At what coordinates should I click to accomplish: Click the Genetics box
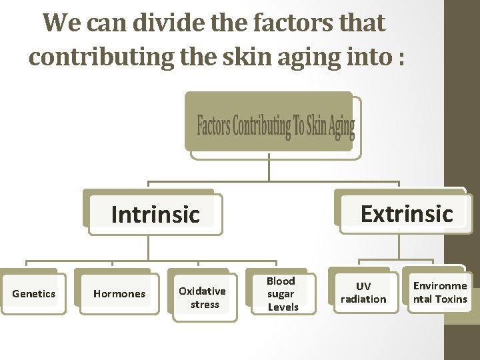pyautogui.click(x=34, y=293)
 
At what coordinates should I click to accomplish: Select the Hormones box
pyautogui.click(x=119, y=293)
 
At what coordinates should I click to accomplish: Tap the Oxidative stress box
pyautogui.click(x=203, y=297)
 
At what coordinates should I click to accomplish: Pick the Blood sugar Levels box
pyautogui.click(x=282, y=293)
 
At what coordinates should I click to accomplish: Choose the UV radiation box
pyautogui.click(x=363, y=292)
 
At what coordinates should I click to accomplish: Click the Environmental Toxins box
pyautogui.click(x=440, y=292)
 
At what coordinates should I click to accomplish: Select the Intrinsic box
pyautogui.click(x=155, y=215)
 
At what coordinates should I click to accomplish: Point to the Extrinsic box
pyautogui.click(x=406, y=213)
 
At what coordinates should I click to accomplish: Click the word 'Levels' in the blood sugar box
pyautogui.click(x=283, y=307)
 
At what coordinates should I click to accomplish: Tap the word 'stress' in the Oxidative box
pyautogui.click(x=205, y=304)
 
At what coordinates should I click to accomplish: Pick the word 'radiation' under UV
pyautogui.click(x=363, y=299)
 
